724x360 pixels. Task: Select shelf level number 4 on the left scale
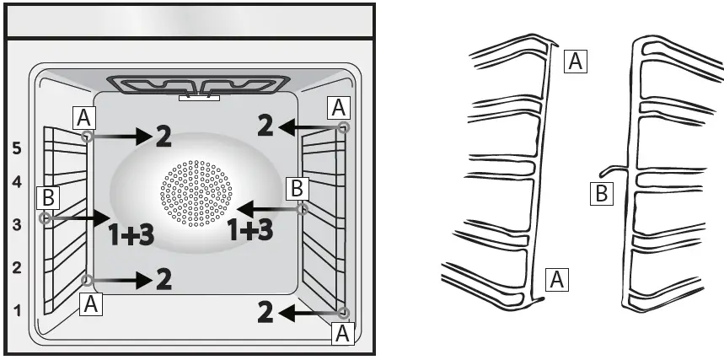(16, 181)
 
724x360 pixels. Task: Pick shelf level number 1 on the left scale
(16, 311)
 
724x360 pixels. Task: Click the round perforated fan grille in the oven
(196, 194)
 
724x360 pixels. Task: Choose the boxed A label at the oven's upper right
(339, 107)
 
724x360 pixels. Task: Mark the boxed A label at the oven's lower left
(92, 305)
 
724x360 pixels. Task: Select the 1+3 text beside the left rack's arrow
(131, 235)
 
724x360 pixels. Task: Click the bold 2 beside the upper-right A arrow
(265, 126)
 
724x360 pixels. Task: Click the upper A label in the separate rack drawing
(575, 61)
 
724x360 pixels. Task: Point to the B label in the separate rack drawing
(599, 194)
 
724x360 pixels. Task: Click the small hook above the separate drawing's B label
(618, 169)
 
